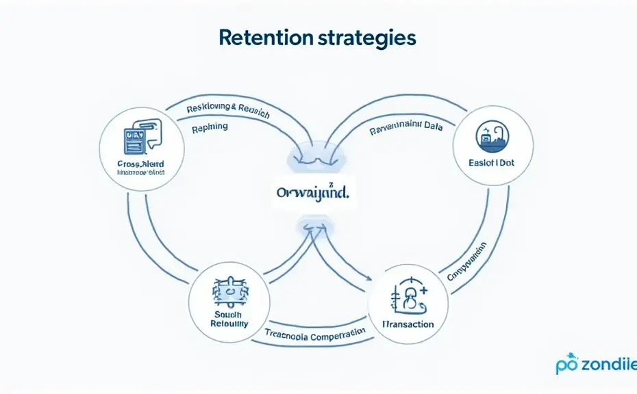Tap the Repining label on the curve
click(210, 127)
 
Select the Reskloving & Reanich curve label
click(228, 111)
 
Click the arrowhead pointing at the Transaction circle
click(369, 278)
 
